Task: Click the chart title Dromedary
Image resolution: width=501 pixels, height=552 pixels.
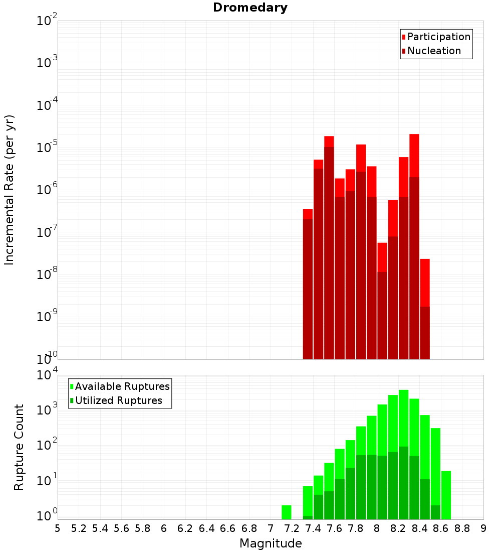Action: click(250, 8)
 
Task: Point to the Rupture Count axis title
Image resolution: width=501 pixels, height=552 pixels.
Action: click(19, 447)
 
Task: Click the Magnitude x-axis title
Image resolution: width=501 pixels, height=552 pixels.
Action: click(271, 543)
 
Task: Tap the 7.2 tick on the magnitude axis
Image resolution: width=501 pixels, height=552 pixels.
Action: click(292, 528)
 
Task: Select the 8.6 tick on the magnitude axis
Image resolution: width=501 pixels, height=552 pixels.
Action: click(441, 528)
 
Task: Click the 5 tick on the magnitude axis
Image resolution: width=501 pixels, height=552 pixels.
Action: click(57, 528)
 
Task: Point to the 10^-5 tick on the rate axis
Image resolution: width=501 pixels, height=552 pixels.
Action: click(47, 147)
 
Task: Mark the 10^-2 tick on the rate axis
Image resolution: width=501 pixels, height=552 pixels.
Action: click(47, 21)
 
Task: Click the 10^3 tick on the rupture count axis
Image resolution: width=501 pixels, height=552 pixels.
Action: click(48, 409)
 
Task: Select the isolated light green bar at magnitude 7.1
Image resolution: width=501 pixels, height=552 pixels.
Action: click(287, 512)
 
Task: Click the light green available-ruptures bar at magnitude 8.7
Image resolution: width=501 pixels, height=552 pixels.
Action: click(446, 494)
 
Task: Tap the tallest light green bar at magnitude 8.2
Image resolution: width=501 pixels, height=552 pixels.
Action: click(404, 417)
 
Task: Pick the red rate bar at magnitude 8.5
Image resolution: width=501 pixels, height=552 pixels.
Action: click(425, 281)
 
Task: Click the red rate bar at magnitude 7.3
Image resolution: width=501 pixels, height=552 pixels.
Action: click(308, 214)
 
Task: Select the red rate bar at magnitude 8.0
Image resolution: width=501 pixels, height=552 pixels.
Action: click(382, 256)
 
